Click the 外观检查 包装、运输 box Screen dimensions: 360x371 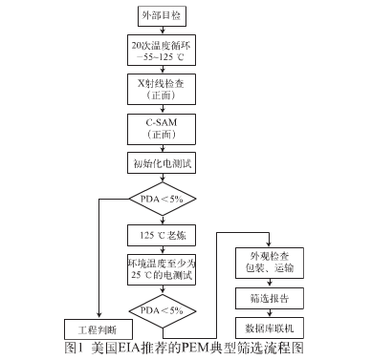265,261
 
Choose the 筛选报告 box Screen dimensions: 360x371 265,296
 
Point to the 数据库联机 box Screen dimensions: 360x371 265,325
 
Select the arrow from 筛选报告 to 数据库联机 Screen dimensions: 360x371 265,310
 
